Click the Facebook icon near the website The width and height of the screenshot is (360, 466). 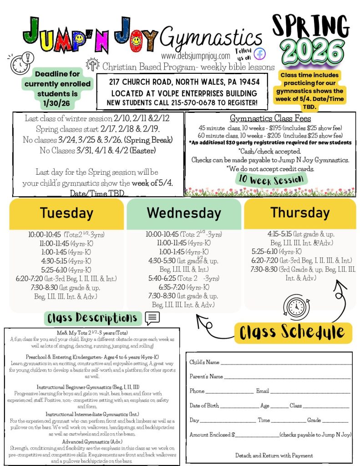(x=260, y=53)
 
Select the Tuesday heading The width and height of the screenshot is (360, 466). (x=66, y=213)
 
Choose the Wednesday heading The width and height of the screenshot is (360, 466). (x=184, y=213)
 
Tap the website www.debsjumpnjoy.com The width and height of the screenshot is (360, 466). (x=196, y=56)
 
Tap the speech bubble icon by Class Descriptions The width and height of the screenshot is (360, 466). (x=152, y=318)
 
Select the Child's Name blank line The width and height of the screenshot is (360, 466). (x=286, y=363)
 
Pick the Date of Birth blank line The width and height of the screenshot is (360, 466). (x=239, y=406)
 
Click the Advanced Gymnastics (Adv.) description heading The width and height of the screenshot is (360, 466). (x=92, y=442)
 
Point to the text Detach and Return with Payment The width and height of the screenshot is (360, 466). (x=274, y=455)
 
